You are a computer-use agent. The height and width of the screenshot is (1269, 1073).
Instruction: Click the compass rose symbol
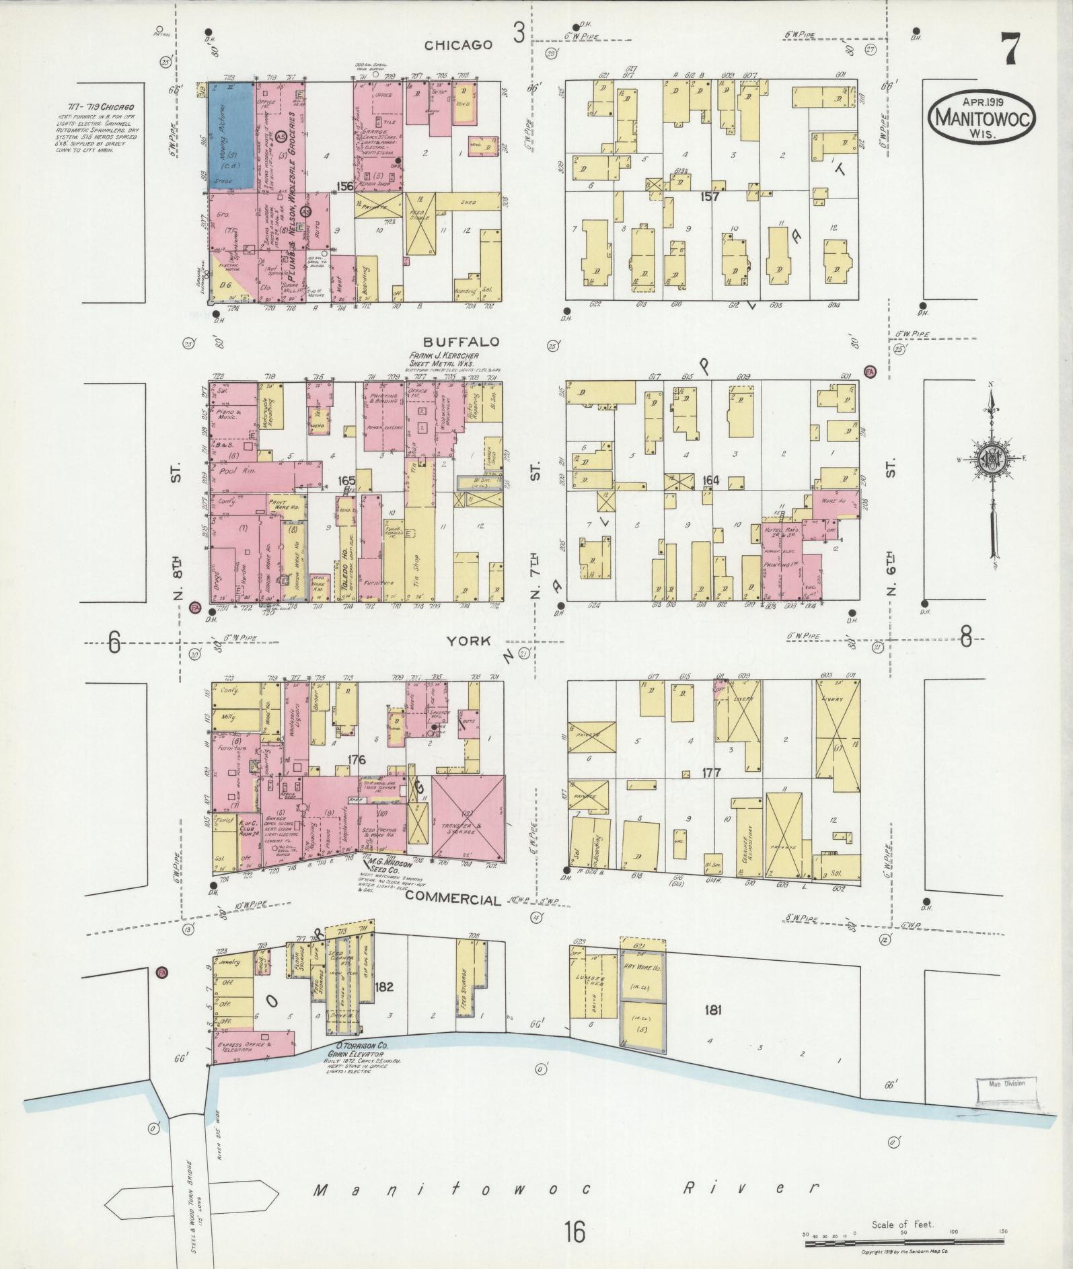992,462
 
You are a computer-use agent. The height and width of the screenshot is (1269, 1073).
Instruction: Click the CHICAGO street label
458,45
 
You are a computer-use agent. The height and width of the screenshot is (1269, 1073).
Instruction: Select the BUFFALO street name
461,342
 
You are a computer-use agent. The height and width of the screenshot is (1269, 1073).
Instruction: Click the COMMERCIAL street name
454,900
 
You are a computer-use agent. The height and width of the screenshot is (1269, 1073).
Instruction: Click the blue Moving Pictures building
231,136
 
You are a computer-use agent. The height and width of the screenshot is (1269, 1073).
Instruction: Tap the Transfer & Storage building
468,818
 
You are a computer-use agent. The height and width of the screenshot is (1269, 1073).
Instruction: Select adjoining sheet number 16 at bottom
575,1231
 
